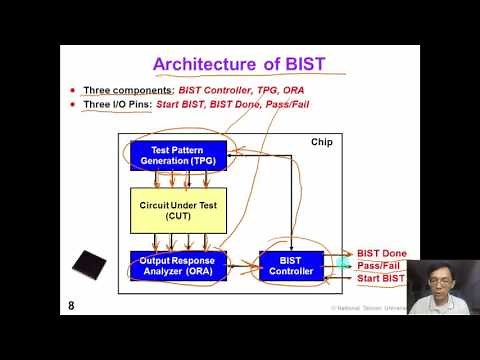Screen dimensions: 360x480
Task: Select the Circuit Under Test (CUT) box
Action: pyautogui.click(x=179, y=211)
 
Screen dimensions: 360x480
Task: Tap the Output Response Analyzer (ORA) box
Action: pyautogui.click(x=179, y=265)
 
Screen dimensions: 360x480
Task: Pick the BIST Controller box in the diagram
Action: pyautogui.click(x=292, y=265)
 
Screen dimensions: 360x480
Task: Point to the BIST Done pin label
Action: pyautogui.click(x=382, y=253)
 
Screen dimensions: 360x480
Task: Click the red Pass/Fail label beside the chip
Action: pyautogui.click(x=380, y=265)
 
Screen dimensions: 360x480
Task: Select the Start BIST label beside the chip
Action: pyautogui.click(x=382, y=278)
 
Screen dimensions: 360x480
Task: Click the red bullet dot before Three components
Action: pyautogui.click(x=73, y=91)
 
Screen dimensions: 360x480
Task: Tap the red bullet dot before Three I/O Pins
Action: pyautogui.click(x=73, y=105)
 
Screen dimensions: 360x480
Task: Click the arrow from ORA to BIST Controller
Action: pyautogui.click(x=243, y=266)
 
